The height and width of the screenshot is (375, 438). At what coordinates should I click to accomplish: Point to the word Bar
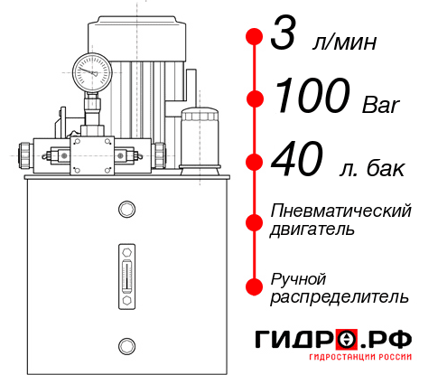click(382, 103)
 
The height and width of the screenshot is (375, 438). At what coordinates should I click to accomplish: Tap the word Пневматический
click(341, 211)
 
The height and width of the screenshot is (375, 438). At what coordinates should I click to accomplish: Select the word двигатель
click(312, 230)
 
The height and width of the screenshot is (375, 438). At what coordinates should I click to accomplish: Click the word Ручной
click(298, 277)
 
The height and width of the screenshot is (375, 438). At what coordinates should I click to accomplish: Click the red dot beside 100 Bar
click(254, 98)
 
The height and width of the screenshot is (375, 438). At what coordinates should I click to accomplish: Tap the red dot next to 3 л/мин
click(254, 37)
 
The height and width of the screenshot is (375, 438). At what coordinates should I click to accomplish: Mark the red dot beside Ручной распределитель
click(254, 286)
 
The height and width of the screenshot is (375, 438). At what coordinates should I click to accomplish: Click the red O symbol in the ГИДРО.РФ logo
click(346, 339)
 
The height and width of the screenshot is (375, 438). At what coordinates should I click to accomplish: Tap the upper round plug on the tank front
click(126, 210)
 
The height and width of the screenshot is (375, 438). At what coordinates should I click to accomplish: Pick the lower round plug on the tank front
click(126, 344)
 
